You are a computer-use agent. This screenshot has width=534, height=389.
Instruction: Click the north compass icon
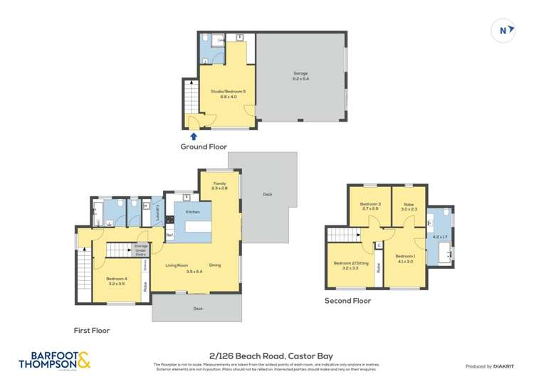pyautogui.click(x=503, y=30)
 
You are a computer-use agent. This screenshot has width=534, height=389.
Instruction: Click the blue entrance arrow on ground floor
pyautogui.click(x=194, y=136)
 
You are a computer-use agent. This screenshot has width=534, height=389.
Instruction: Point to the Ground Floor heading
pyautogui.click(x=203, y=147)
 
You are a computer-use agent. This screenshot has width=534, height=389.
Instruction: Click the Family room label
pyautogui.click(x=219, y=186)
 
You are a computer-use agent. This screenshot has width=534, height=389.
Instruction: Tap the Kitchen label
pyautogui.click(x=193, y=212)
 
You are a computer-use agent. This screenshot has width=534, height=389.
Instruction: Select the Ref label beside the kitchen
pyautogui.click(x=169, y=235)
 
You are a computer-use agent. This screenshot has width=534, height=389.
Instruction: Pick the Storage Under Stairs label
pyautogui.click(x=141, y=250)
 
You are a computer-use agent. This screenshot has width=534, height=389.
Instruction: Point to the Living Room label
pyautogui.click(x=177, y=265)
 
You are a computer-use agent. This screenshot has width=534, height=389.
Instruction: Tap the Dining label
pyautogui.click(x=215, y=265)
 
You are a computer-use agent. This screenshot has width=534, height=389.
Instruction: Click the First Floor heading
pyautogui.click(x=92, y=330)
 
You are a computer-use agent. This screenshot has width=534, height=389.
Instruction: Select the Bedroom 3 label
pyautogui.click(x=370, y=206)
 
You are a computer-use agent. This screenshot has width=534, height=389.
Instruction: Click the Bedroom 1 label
pyautogui.click(x=404, y=258)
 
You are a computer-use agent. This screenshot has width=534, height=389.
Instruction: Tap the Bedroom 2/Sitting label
pyautogui.click(x=346, y=265)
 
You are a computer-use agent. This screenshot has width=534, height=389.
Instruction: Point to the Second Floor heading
pyautogui.click(x=347, y=301)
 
